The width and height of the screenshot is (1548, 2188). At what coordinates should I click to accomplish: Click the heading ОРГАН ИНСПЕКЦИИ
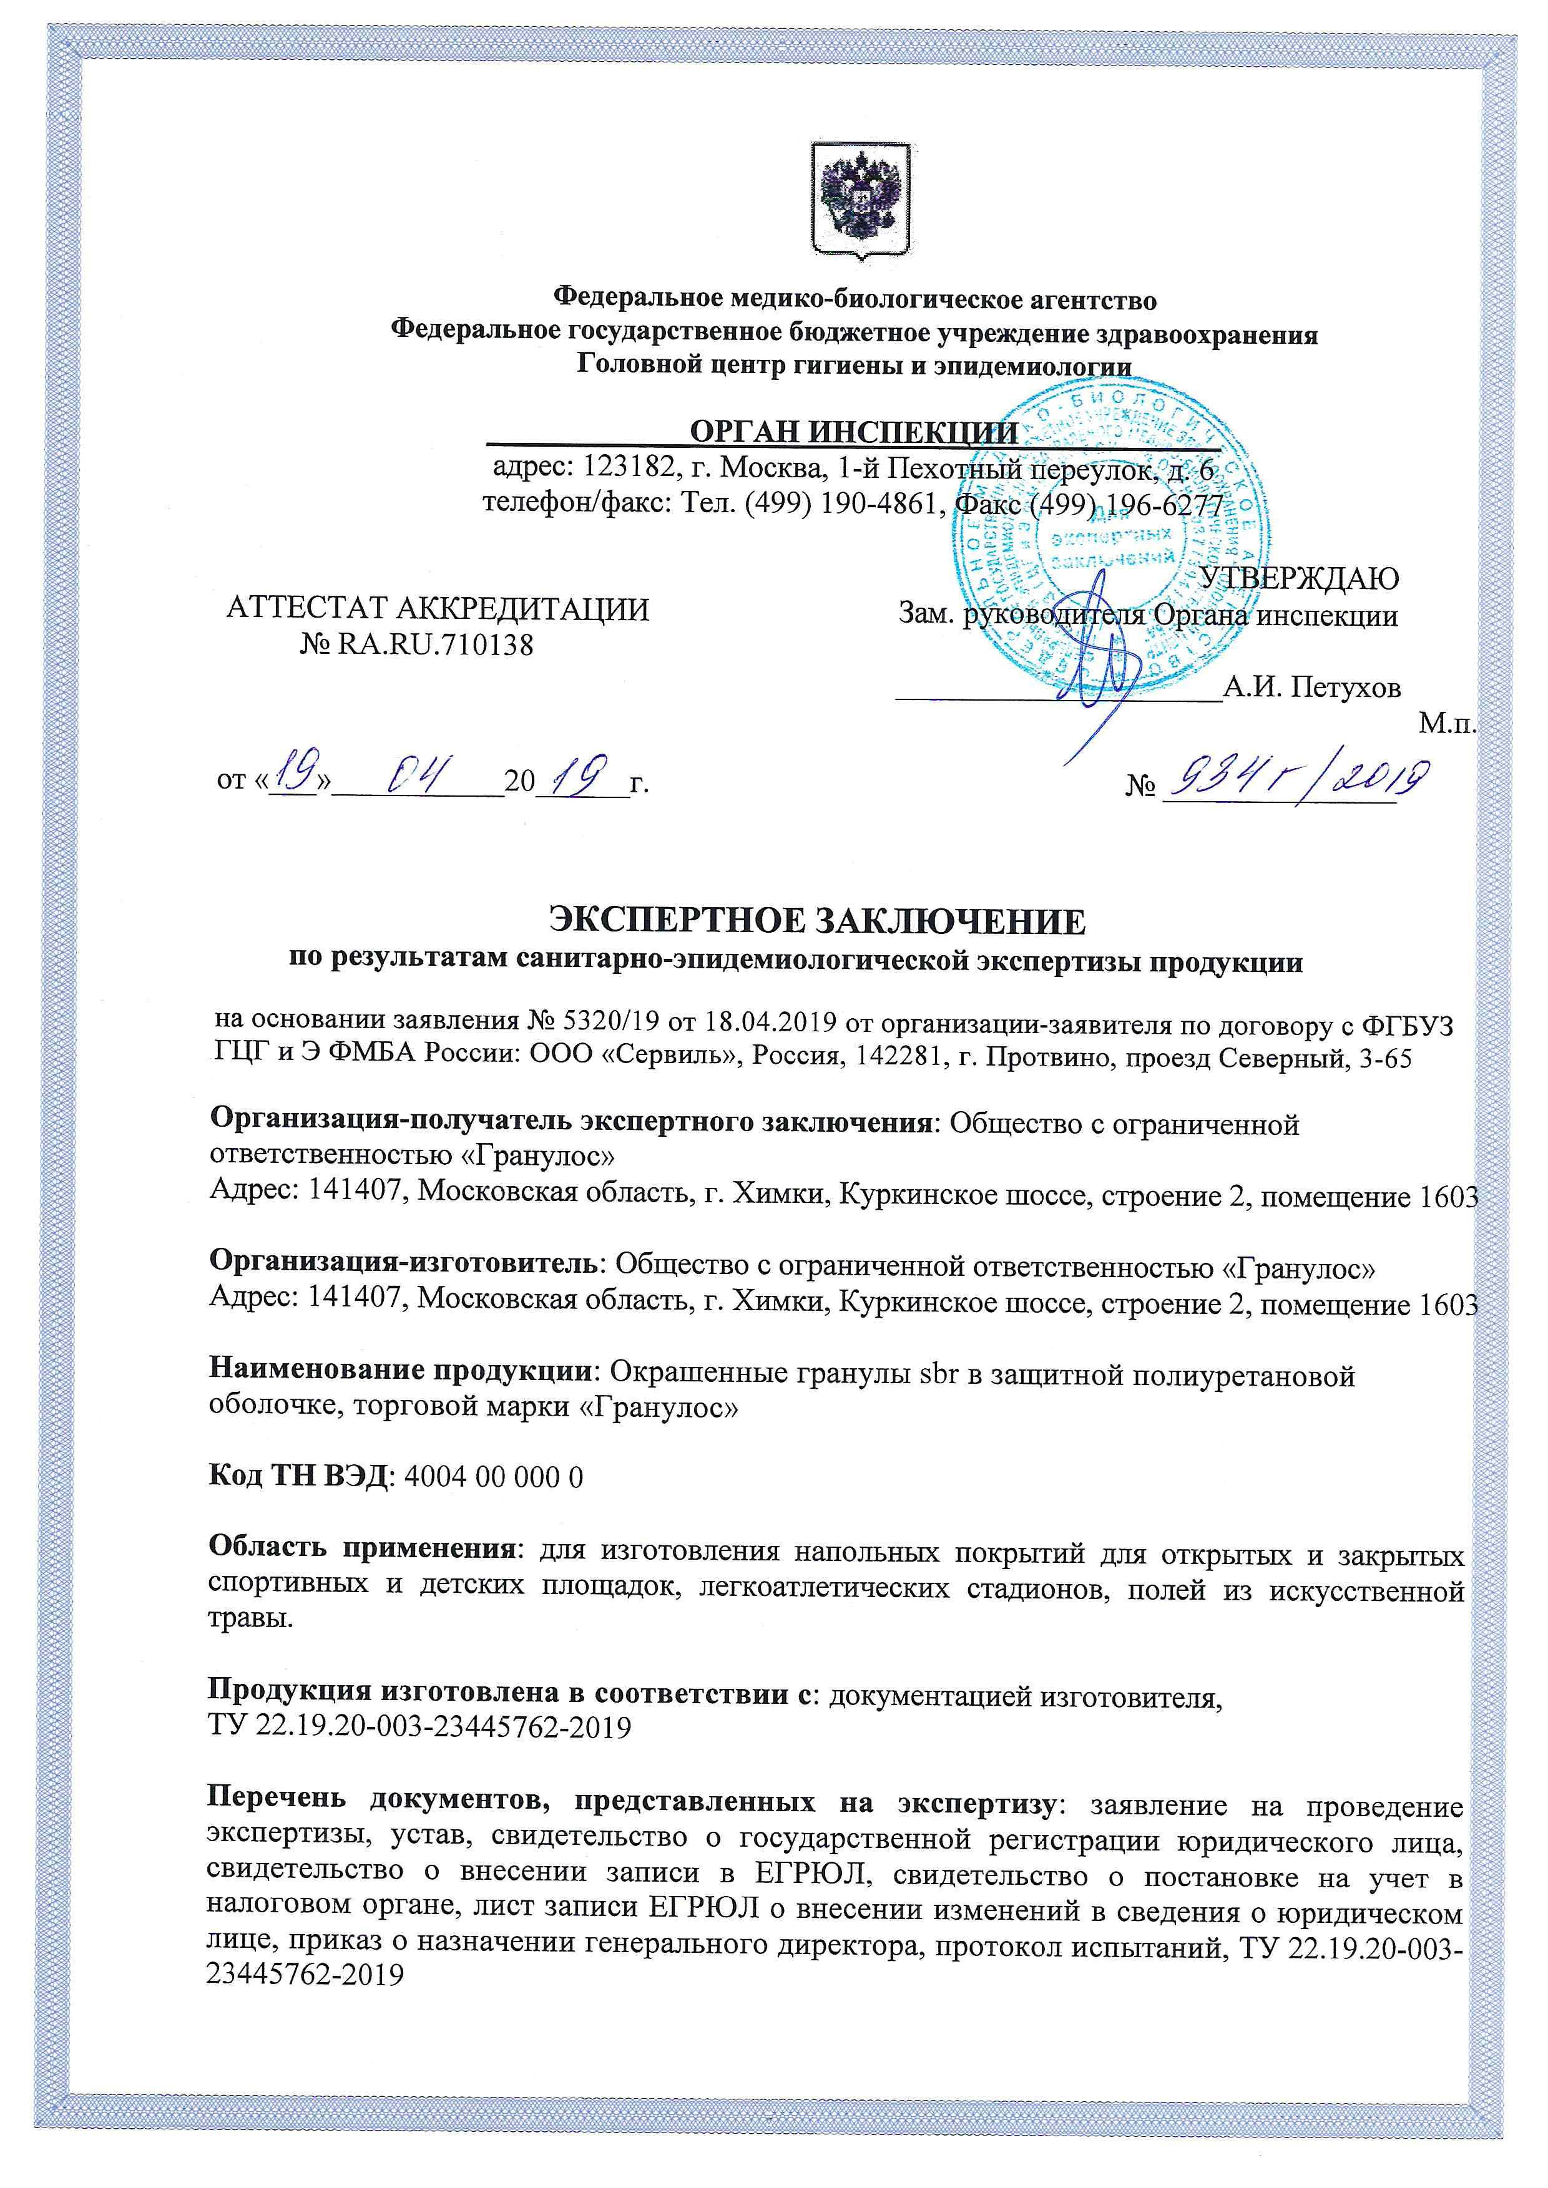coord(853,432)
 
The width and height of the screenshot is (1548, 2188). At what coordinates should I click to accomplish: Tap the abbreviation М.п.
coord(1447,724)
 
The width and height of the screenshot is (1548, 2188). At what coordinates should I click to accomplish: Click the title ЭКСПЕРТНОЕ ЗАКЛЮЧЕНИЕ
coord(817,921)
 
